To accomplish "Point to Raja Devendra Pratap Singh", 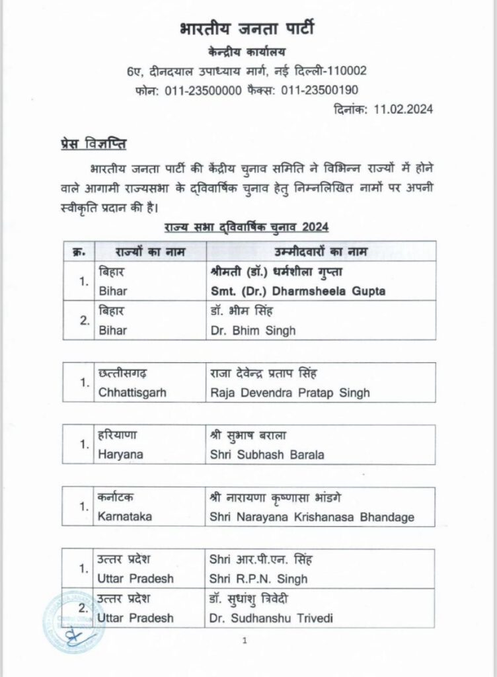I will point(289,393).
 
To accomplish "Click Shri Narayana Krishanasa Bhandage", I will point(311,517).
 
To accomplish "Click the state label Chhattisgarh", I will point(132,393).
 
